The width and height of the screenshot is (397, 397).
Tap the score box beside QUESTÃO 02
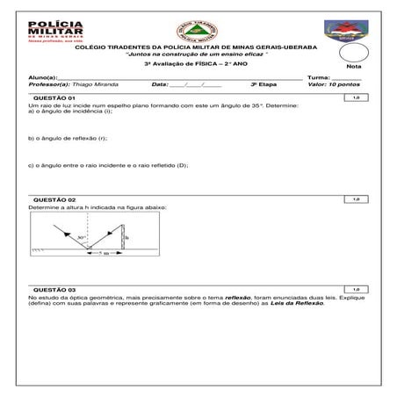click(x=356, y=199)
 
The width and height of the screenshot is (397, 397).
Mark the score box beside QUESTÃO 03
click(x=356, y=289)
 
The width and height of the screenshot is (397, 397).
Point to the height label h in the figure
click(x=127, y=237)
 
